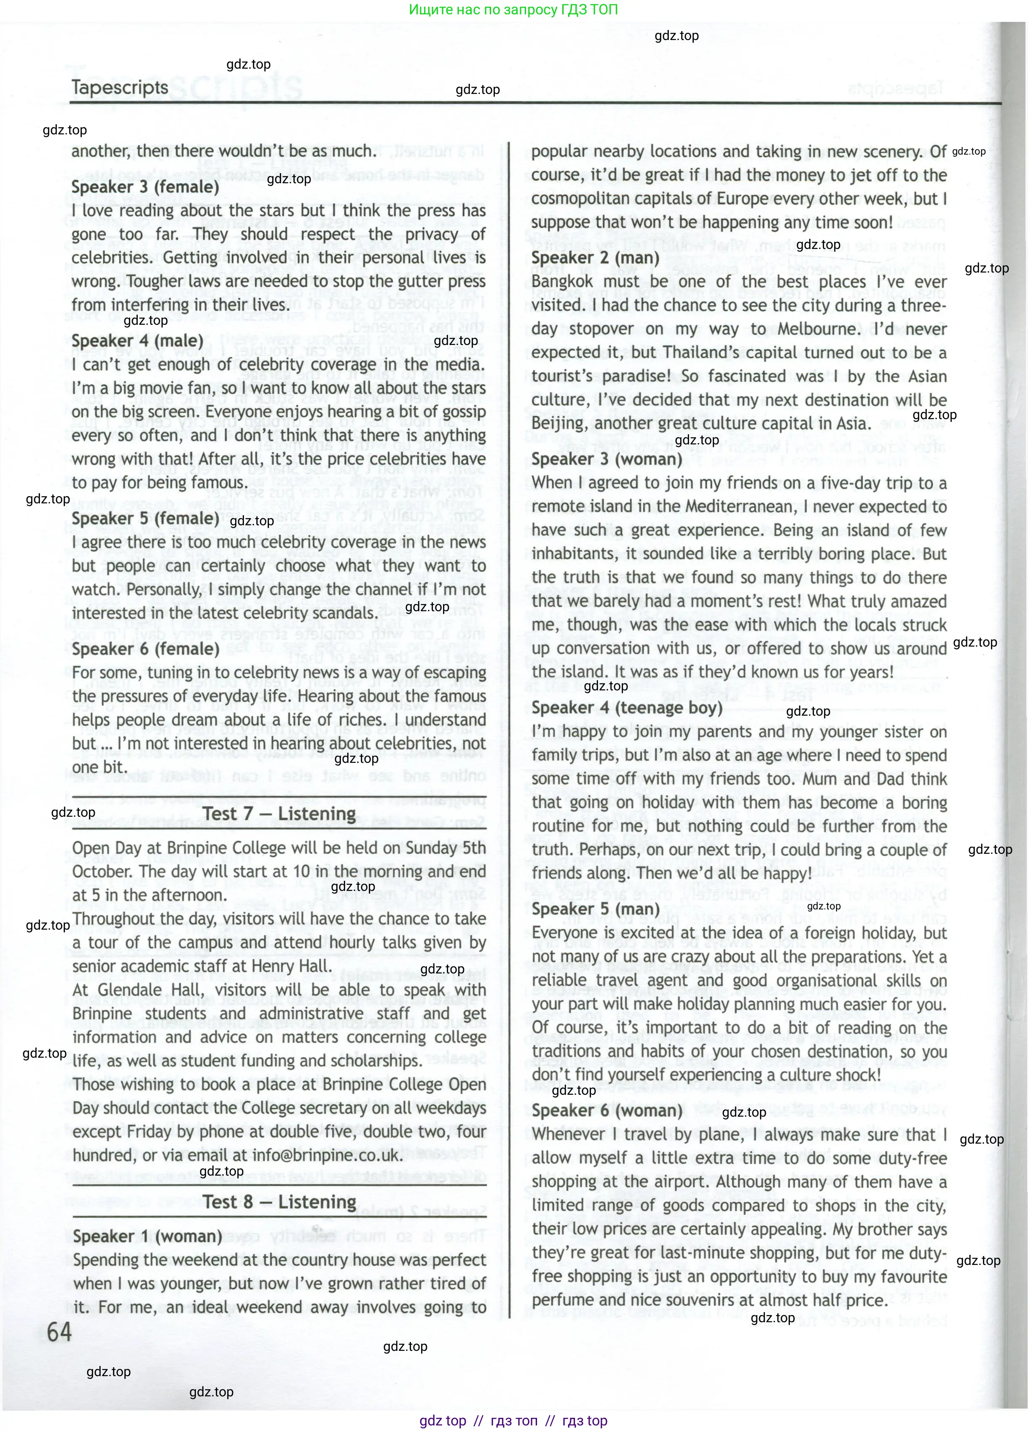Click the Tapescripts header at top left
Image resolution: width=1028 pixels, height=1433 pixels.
pos(120,87)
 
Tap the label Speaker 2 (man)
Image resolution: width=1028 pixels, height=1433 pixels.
pos(595,258)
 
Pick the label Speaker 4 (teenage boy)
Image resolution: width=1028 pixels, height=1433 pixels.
pos(626,708)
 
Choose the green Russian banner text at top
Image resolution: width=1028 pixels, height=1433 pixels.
pos(513,9)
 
